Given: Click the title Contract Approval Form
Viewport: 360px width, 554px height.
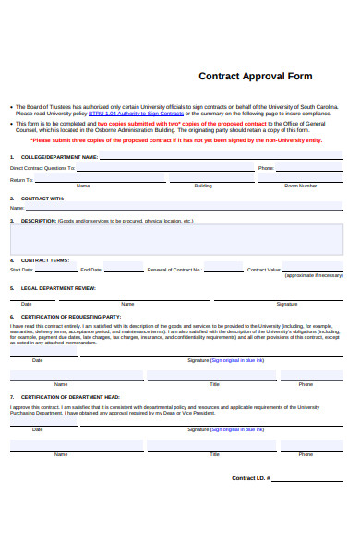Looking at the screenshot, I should point(256,77).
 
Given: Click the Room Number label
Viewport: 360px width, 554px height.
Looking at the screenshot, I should point(300,186).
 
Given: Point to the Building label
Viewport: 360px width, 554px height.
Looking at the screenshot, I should point(203,186).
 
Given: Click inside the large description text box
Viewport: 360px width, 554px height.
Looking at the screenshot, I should point(175,239).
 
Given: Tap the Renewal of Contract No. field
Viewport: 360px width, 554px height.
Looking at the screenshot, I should point(222,269).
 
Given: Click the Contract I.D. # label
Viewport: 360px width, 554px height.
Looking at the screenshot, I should point(250,478).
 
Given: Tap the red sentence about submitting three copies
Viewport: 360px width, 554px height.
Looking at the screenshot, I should point(176,140).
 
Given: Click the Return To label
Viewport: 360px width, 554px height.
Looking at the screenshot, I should point(21,180).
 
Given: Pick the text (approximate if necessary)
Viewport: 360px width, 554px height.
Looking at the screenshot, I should point(313,275).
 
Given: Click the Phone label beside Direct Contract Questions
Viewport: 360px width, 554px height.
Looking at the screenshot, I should point(266,169).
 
